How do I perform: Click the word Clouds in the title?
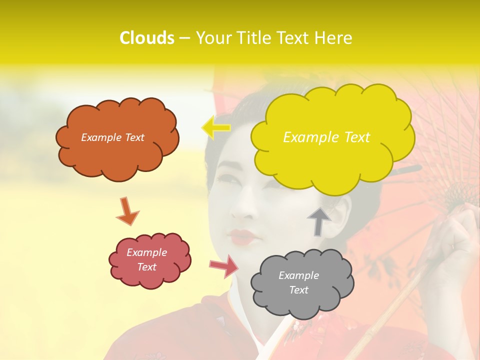(x=147, y=38)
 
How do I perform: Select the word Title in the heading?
(x=254, y=38)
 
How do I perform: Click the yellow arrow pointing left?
(x=215, y=127)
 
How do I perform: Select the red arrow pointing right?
(x=224, y=266)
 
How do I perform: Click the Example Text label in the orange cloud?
(x=112, y=137)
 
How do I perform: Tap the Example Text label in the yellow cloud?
(x=326, y=137)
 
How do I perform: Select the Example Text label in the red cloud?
(x=146, y=259)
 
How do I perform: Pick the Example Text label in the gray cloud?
(x=298, y=282)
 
